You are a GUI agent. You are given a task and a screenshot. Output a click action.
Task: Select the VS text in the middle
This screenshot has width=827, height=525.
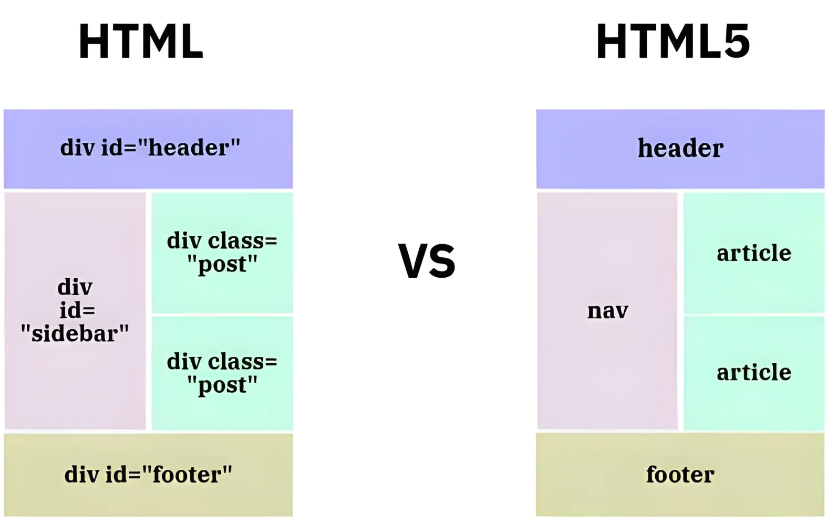(426, 261)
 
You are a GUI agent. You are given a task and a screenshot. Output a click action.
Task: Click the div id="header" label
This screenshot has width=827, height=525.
(150, 148)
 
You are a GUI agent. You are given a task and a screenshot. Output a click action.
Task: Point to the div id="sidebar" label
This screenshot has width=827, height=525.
(75, 310)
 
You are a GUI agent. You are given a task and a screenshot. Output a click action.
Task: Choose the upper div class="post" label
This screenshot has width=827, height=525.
(222, 253)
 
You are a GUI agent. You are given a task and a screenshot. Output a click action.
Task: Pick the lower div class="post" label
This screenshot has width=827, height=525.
(222, 373)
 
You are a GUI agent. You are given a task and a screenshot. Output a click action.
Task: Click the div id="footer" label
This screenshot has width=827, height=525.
(148, 475)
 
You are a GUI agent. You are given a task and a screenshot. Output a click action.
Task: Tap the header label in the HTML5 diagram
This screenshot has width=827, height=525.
(680, 148)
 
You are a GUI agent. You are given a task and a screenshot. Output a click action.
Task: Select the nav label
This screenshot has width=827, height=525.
(607, 311)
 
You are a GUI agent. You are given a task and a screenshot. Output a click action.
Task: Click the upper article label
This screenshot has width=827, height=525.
(754, 253)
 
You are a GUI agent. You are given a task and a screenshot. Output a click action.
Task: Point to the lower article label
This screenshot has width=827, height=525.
(754, 372)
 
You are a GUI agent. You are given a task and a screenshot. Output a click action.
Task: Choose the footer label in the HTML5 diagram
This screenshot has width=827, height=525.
(680, 475)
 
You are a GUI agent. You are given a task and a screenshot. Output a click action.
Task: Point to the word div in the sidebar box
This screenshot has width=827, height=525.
(75, 287)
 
